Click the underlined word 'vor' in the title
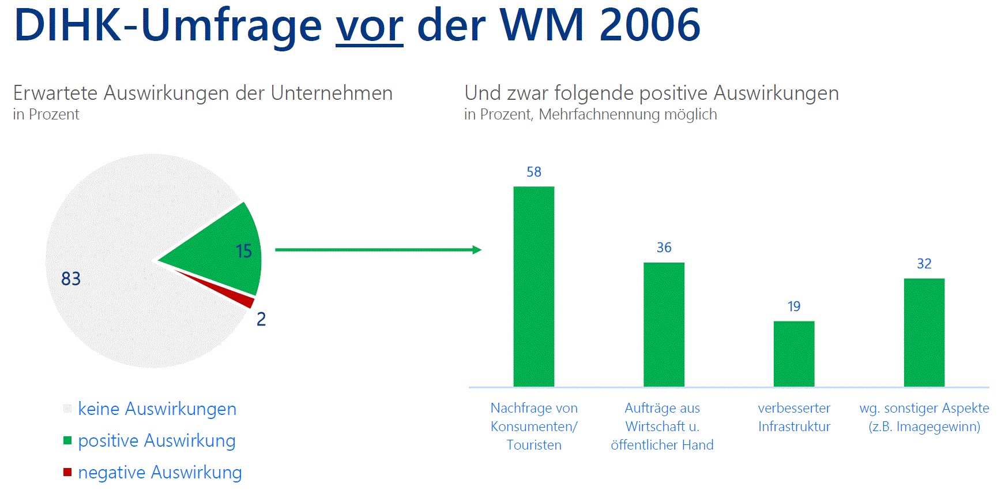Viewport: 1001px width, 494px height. tap(370, 26)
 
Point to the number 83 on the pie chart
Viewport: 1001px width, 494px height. tap(71, 279)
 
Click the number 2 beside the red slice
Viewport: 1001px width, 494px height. tap(261, 319)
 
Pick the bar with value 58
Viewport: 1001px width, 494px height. tap(534, 286)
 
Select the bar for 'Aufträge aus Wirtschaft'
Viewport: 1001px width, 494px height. tap(664, 324)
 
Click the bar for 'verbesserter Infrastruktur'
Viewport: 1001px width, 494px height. tap(794, 354)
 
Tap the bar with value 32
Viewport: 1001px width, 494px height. tap(924, 332)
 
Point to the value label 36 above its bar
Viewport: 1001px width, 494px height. tap(664, 248)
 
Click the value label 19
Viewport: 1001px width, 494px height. tap(794, 306)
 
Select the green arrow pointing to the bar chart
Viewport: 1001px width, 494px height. tap(378, 250)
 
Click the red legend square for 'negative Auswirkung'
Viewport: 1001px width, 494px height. tap(67, 472)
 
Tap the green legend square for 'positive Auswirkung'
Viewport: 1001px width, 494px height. tap(67, 440)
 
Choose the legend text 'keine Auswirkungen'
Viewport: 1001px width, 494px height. tap(157, 409)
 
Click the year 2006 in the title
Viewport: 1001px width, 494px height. tap(650, 25)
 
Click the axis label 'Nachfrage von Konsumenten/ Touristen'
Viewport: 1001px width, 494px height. tap(534, 426)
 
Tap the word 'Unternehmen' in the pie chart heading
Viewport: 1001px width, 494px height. tap(332, 93)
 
